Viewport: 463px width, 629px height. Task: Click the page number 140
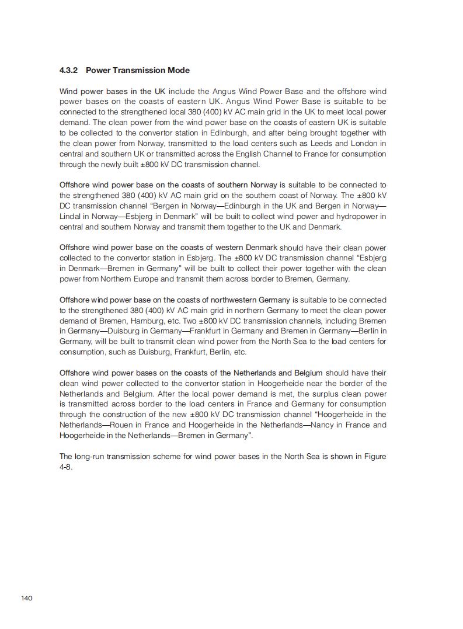click(x=26, y=598)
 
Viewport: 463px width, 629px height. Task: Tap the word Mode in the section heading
click(x=178, y=70)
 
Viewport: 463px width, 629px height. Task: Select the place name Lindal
click(x=71, y=217)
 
